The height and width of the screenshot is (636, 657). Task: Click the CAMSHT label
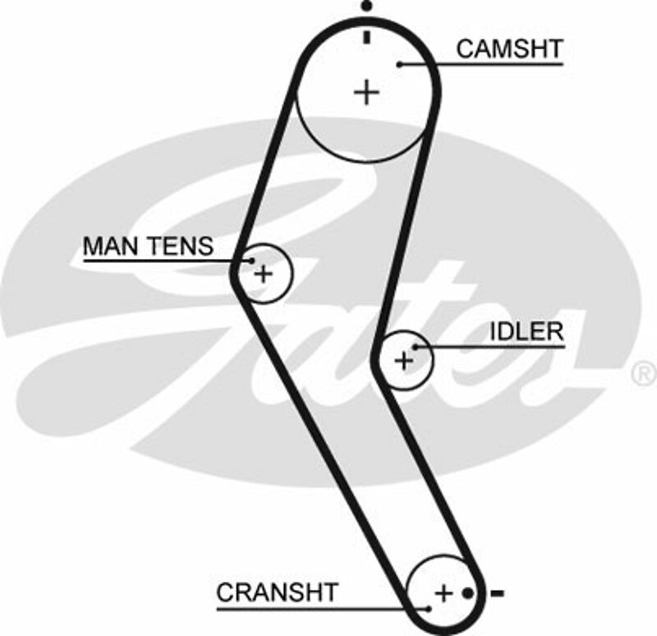click(509, 48)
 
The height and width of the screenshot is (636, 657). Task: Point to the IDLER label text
click(526, 331)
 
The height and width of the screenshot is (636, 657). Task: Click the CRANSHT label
click(277, 592)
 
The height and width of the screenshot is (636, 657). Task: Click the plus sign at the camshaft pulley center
click(366, 91)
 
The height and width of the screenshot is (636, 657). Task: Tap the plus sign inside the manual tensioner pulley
click(263, 274)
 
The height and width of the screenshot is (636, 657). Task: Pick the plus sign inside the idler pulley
click(403, 360)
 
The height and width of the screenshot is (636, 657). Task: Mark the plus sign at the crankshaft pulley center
click(443, 592)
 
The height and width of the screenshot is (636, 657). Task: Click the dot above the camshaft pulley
click(366, 7)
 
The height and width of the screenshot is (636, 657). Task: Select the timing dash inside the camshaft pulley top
click(366, 36)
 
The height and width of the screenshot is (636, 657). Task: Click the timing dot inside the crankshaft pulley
click(467, 592)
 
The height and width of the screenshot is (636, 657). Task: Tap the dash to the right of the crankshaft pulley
click(496, 592)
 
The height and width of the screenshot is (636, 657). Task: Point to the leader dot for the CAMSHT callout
click(398, 63)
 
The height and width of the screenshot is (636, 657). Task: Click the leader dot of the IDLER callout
click(416, 347)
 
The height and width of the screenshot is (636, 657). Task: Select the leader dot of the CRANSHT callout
click(428, 609)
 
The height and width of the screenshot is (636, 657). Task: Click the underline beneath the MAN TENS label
click(156, 261)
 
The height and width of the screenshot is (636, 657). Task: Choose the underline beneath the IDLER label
click(493, 347)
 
